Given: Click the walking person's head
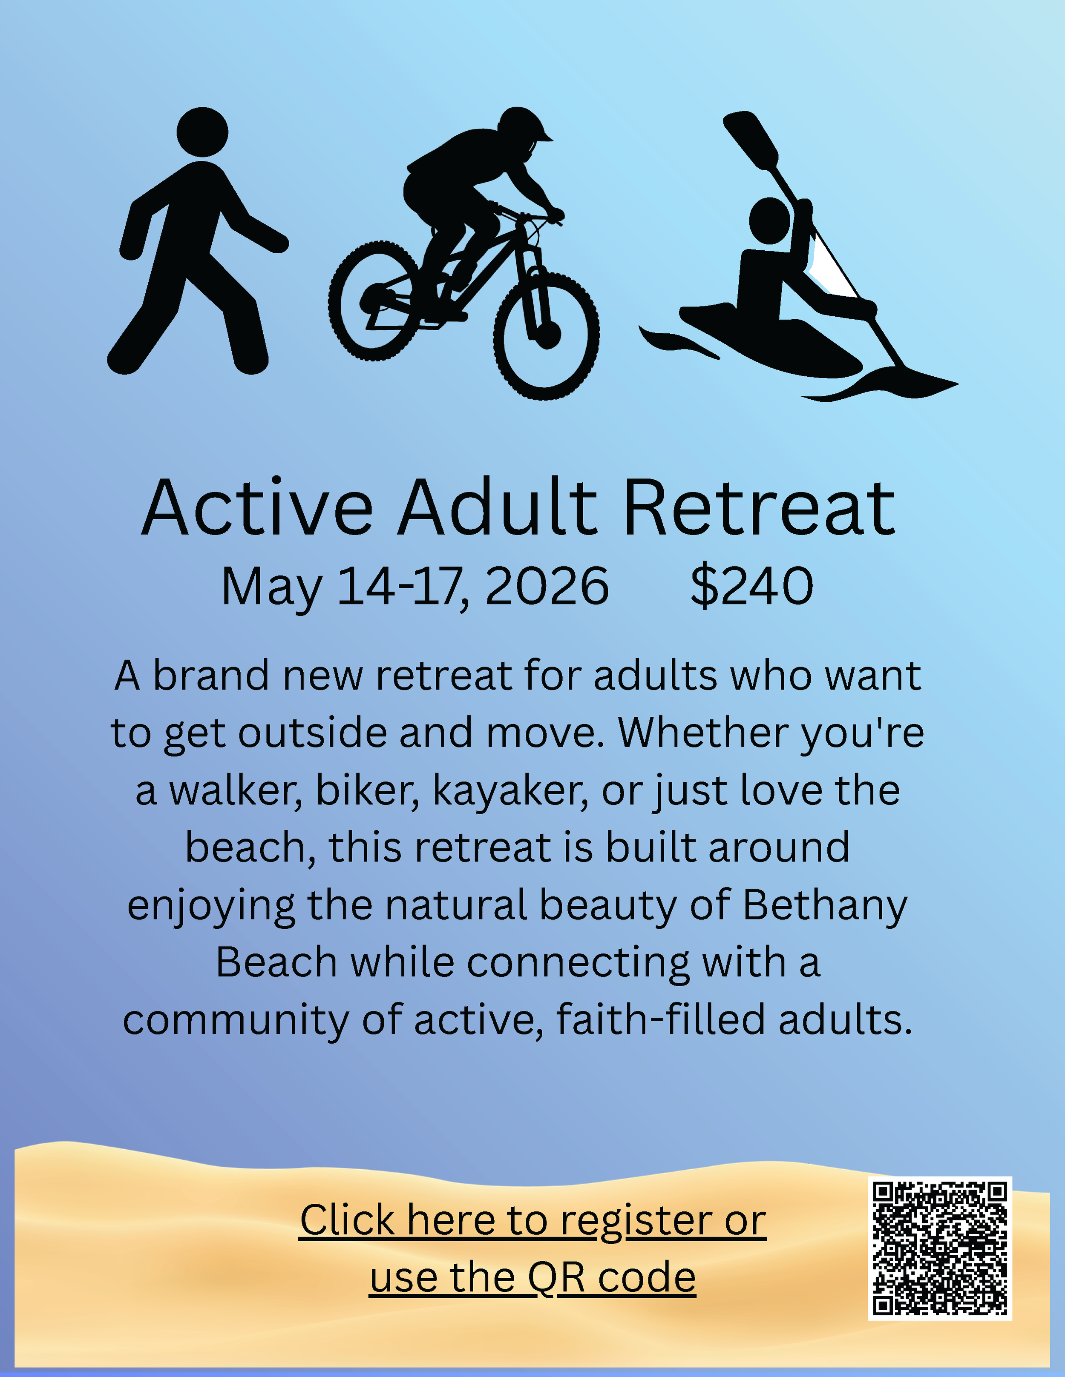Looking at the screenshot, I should tap(202, 132).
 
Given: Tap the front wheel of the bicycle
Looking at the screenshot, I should tap(547, 335).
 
